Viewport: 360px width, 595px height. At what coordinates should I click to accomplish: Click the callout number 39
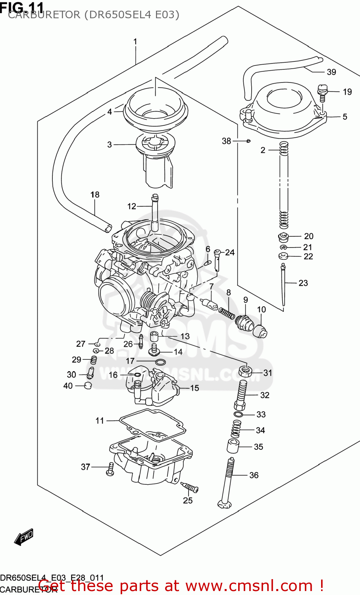click(331, 72)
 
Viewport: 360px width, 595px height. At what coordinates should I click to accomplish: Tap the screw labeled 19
click(322, 92)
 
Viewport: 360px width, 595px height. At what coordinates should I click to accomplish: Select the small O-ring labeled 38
click(248, 141)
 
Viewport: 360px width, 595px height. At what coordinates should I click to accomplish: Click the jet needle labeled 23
click(283, 286)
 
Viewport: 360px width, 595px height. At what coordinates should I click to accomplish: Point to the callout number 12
click(132, 206)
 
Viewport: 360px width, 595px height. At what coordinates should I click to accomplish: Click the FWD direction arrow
click(24, 537)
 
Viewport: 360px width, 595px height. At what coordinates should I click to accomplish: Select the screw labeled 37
click(110, 469)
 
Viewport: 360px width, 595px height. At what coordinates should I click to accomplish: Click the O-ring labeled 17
click(160, 362)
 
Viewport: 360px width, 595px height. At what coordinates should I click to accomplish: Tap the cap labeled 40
click(88, 386)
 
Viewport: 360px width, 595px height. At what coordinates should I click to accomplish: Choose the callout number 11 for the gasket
click(100, 420)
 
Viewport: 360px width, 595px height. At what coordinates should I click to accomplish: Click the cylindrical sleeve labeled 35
click(233, 446)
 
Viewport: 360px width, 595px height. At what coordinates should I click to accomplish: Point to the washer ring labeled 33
click(238, 415)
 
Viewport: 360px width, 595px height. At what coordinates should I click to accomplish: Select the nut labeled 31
click(245, 372)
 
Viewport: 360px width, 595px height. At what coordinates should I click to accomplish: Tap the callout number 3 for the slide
click(110, 145)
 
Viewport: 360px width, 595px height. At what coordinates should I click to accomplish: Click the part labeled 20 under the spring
click(283, 238)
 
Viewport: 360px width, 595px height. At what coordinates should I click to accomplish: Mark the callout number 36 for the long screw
click(254, 475)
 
